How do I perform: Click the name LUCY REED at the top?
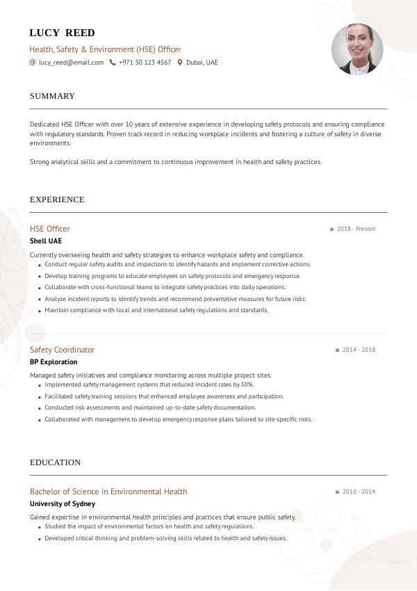pos(63,33)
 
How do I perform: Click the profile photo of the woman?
pos(357,49)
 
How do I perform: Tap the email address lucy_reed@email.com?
pos(71,63)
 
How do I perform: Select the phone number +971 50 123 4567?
pos(145,63)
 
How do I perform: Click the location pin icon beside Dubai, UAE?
pos(180,63)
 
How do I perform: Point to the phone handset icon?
pos(113,63)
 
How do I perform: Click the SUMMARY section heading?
pos(52,96)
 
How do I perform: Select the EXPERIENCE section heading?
pos(57,200)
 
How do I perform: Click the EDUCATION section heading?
pos(55,462)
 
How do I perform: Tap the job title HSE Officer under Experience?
pos(50,229)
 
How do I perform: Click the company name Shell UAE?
pos(46,241)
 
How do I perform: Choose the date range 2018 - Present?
pos(356,229)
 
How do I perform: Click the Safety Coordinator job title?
pos(62,350)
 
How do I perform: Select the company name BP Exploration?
pos(54,362)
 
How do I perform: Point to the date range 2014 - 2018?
pos(359,350)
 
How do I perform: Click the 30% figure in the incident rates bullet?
pos(247,384)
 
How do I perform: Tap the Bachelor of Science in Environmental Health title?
pos(108,492)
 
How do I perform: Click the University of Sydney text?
pos(63,504)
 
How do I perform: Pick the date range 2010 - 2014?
pos(359,492)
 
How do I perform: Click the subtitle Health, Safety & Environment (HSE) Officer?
pos(105,49)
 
